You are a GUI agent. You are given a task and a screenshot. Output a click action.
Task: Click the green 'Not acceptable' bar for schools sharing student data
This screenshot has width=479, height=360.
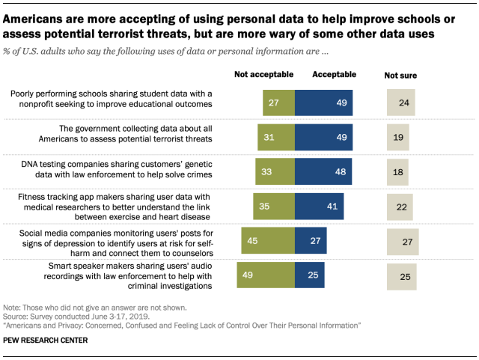pyautogui.click(x=278, y=103)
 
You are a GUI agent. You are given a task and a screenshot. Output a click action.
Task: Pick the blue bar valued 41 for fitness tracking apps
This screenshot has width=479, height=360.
pyautogui.click(x=320, y=206)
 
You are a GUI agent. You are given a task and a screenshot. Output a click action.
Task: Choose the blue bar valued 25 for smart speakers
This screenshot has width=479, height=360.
pyautogui.click(x=310, y=275)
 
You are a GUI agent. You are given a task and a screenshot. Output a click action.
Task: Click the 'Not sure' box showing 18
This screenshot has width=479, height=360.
pyautogui.click(x=397, y=171)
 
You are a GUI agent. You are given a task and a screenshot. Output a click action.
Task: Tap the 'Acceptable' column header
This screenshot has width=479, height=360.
pyautogui.click(x=334, y=75)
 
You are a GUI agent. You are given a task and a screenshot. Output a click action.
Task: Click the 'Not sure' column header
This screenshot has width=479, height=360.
pyautogui.click(x=400, y=76)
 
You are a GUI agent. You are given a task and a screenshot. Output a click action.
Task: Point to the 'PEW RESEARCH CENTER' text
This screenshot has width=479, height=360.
pyautogui.click(x=46, y=341)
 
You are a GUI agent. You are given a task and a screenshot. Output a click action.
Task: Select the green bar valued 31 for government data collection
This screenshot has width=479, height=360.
pyautogui.click(x=275, y=137)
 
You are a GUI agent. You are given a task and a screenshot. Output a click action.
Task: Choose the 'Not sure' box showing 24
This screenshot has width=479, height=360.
pyautogui.click(x=402, y=103)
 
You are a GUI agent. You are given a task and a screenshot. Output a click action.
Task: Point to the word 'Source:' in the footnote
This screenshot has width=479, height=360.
pyautogui.click(x=16, y=317)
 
